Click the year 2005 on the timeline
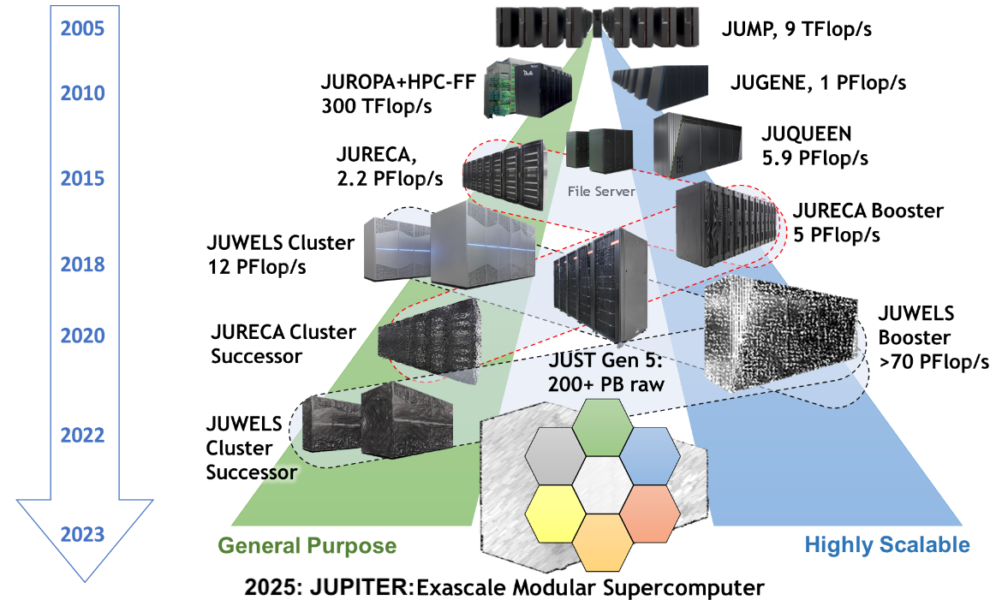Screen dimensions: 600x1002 (82, 29)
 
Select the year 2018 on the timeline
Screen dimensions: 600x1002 (82, 264)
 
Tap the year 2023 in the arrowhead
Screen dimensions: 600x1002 (82, 535)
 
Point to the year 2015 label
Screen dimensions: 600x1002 (82, 179)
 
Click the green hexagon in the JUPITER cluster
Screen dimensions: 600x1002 (600, 428)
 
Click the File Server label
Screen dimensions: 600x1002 (601, 192)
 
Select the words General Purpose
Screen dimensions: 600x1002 (307, 545)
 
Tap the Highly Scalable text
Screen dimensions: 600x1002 (886, 545)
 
